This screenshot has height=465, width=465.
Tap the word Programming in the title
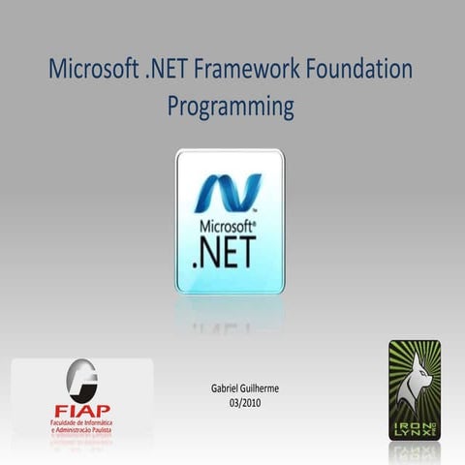[231, 106]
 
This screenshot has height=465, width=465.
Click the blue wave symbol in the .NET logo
[229, 192]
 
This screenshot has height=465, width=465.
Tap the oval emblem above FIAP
[81, 381]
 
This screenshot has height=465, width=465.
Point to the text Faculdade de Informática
[81, 423]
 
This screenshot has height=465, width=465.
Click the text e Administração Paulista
[81, 432]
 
